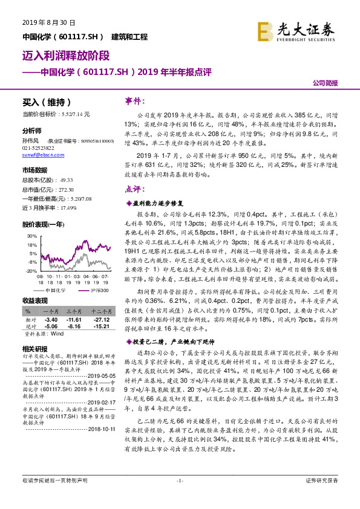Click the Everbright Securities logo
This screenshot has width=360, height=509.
296,31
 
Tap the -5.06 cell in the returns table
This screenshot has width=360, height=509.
50,326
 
